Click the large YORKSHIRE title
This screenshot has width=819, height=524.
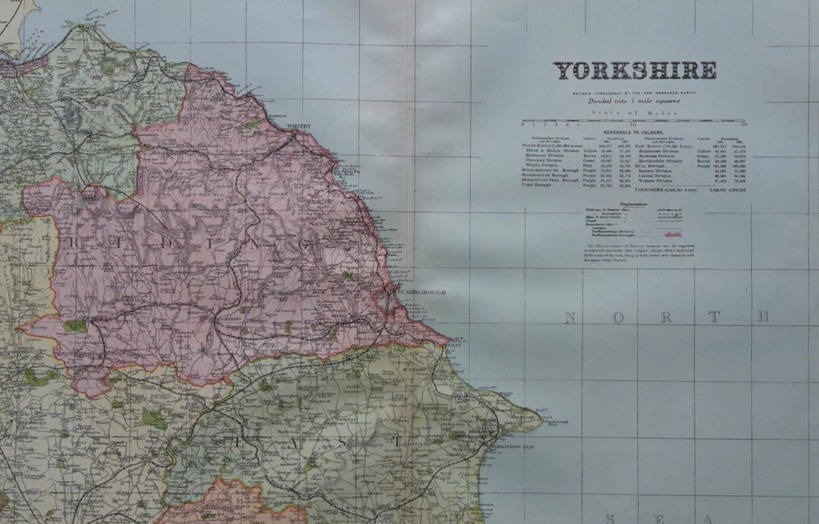click(634, 71)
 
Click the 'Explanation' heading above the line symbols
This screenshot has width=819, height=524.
click(634, 204)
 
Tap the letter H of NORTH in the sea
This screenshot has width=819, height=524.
click(762, 317)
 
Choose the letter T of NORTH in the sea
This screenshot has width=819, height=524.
click(714, 317)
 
